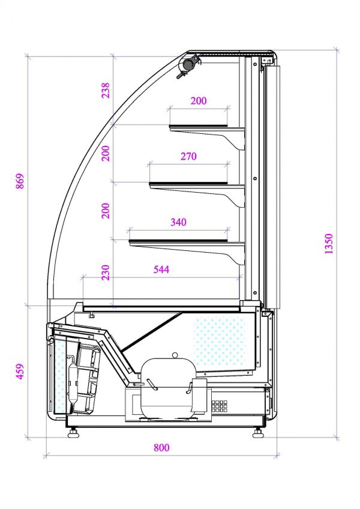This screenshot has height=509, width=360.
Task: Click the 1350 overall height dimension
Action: click(329, 244)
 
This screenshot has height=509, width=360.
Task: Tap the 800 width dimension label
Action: click(161, 448)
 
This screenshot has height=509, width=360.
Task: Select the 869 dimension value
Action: click(20, 181)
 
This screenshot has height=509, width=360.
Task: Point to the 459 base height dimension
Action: click(20, 372)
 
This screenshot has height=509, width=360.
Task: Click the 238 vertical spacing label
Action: click(106, 90)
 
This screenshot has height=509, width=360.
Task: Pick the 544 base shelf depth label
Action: click(161, 270)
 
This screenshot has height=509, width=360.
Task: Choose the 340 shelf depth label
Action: click(179, 222)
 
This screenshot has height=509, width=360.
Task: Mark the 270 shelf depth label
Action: click(188, 157)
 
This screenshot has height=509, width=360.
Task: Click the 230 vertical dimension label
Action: click(106, 273)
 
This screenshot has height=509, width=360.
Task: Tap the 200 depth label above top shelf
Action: click(199, 101)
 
